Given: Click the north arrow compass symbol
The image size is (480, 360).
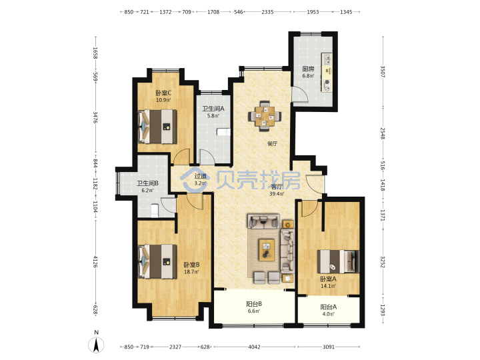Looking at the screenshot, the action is click(x=96, y=345).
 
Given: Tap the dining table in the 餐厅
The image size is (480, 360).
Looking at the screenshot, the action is click(x=265, y=116).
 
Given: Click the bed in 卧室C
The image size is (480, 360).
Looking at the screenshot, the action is click(x=157, y=127).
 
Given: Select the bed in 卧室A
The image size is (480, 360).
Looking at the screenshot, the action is click(x=338, y=261).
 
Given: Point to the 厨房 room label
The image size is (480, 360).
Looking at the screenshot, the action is click(x=308, y=69).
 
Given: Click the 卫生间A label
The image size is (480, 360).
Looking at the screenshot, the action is click(x=213, y=109).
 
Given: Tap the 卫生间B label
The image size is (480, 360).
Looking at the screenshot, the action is click(x=147, y=183).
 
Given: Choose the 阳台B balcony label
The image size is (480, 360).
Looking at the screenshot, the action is click(x=254, y=304).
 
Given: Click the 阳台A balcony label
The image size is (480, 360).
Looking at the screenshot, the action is click(x=329, y=307).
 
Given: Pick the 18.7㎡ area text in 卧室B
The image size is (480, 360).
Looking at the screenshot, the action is click(x=191, y=271).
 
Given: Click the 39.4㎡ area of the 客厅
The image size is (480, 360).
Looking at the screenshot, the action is click(x=277, y=194).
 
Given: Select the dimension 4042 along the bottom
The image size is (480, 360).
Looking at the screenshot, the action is click(x=254, y=347).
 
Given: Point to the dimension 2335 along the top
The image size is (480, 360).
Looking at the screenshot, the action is click(x=267, y=12).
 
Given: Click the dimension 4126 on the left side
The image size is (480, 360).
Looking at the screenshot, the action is click(x=95, y=261).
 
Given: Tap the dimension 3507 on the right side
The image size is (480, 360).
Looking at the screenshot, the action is click(x=383, y=71).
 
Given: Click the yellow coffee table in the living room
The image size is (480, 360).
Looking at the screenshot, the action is click(x=267, y=250).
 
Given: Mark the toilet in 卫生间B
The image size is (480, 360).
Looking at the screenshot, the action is click(x=155, y=211).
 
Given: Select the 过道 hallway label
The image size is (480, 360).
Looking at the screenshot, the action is click(x=201, y=176).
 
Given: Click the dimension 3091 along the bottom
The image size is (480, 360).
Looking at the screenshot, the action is click(x=329, y=347).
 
